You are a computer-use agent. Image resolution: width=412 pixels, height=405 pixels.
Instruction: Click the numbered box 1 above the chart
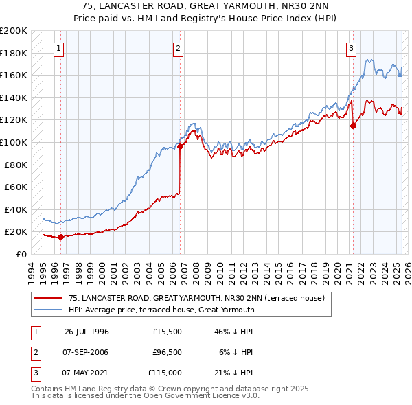point(59,48)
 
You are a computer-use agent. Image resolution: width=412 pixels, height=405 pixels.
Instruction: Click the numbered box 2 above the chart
point(178,48)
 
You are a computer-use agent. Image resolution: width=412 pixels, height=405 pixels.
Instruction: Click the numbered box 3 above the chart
point(351,48)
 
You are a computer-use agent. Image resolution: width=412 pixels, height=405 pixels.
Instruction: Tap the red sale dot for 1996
point(60,237)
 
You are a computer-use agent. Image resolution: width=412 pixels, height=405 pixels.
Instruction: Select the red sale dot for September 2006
point(180,146)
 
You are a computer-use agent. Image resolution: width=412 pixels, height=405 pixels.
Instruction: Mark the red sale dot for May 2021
point(353,126)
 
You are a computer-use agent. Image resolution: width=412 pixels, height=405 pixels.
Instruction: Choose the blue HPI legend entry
point(161,310)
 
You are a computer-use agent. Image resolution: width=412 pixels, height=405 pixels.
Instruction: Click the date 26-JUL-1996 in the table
point(87,332)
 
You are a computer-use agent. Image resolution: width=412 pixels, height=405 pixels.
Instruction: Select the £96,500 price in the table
point(167,352)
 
